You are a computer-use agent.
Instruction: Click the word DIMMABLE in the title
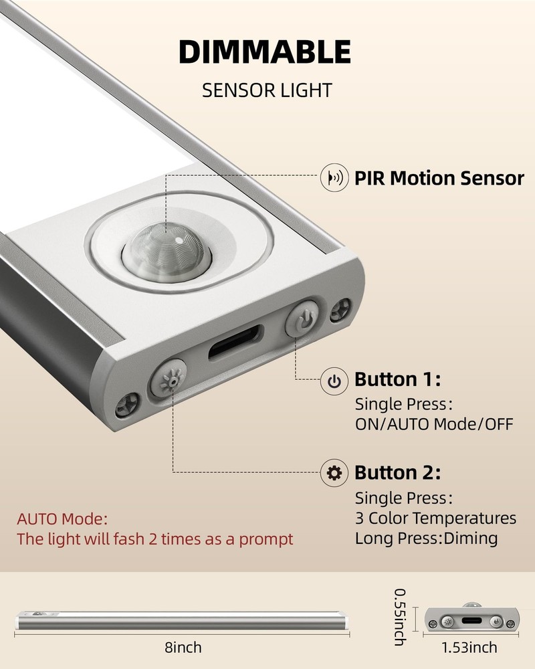tap(265, 52)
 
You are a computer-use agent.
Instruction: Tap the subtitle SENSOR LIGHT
tap(267, 90)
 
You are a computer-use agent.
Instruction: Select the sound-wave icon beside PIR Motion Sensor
tap(334, 177)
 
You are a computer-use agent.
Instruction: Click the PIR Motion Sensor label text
tap(439, 179)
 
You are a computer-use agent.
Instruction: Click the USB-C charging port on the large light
tap(235, 343)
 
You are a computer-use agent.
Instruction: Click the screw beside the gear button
tap(126, 405)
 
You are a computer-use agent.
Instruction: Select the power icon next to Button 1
tap(334, 381)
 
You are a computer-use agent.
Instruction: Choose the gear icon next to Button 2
tap(334, 473)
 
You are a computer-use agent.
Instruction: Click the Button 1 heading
tap(398, 379)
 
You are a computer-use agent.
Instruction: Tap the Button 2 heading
tap(398, 473)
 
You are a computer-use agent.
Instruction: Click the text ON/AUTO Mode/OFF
tap(434, 425)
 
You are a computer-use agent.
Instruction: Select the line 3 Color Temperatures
tap(435, 518)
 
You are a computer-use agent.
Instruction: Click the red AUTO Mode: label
tap(62, 519)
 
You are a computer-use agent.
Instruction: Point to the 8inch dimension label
tap(183, 648)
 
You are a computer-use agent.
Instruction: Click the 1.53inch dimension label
tap(469, 648)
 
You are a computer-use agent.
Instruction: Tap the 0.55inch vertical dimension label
tap(400, 617)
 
